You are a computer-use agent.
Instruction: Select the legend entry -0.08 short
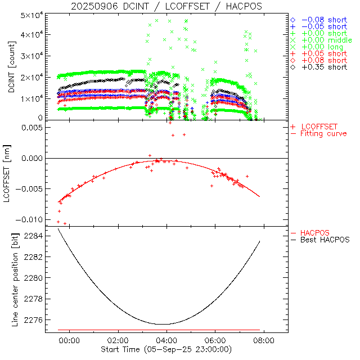(324, 20)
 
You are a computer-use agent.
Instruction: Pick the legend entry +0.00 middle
(326, 40)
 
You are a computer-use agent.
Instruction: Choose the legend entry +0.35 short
(324, 67)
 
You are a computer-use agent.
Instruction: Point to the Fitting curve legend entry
(323, 133)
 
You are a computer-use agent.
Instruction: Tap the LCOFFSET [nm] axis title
(12, 174)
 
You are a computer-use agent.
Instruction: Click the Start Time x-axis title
(166, 350)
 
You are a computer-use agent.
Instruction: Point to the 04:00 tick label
(166, 340)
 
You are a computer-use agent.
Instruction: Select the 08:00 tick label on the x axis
(264, 340)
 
